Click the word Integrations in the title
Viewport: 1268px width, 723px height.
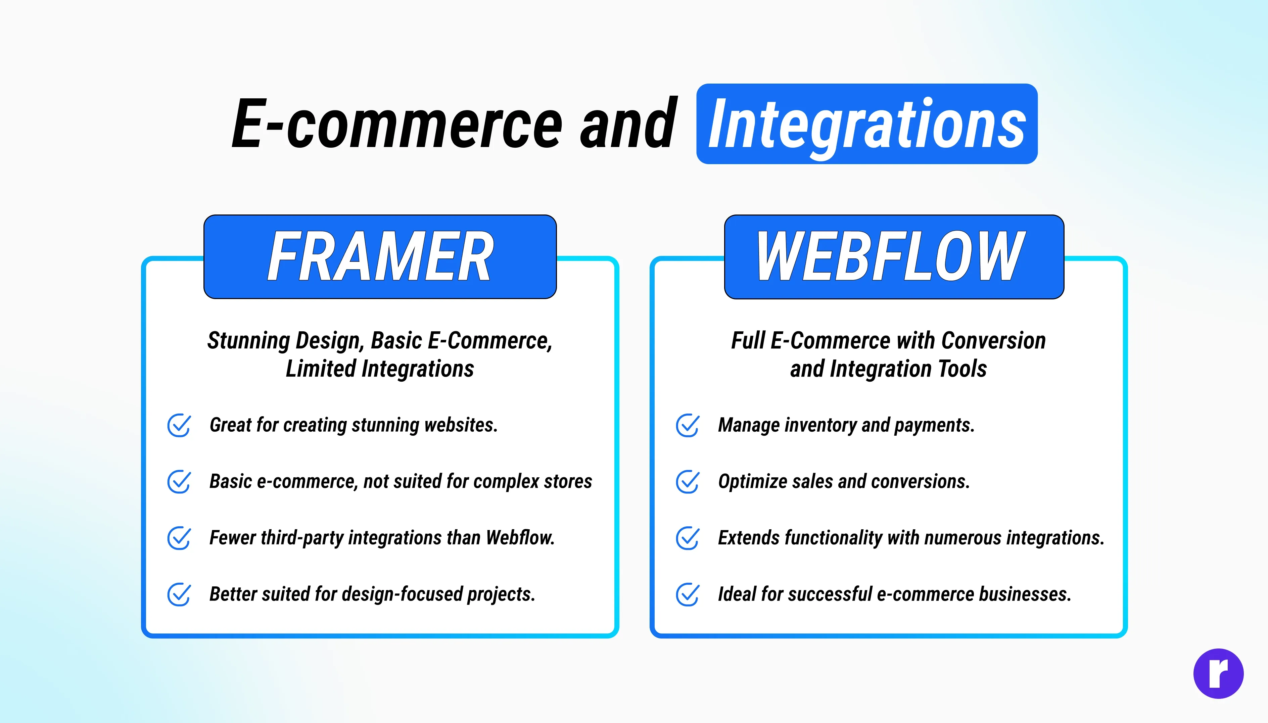pos(867,125)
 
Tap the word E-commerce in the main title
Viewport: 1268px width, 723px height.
pos(397,123)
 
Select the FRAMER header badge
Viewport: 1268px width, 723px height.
pos(380,257)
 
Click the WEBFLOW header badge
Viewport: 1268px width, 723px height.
pos(894,257)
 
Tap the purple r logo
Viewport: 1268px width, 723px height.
pos(1218,673)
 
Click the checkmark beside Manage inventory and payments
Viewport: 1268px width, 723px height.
pos(688,425)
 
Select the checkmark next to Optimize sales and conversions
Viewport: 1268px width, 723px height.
pos(688,482)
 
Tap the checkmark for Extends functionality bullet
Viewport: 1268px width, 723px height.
pos(688,538)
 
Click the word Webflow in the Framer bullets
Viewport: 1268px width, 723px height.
pos(520,537)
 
